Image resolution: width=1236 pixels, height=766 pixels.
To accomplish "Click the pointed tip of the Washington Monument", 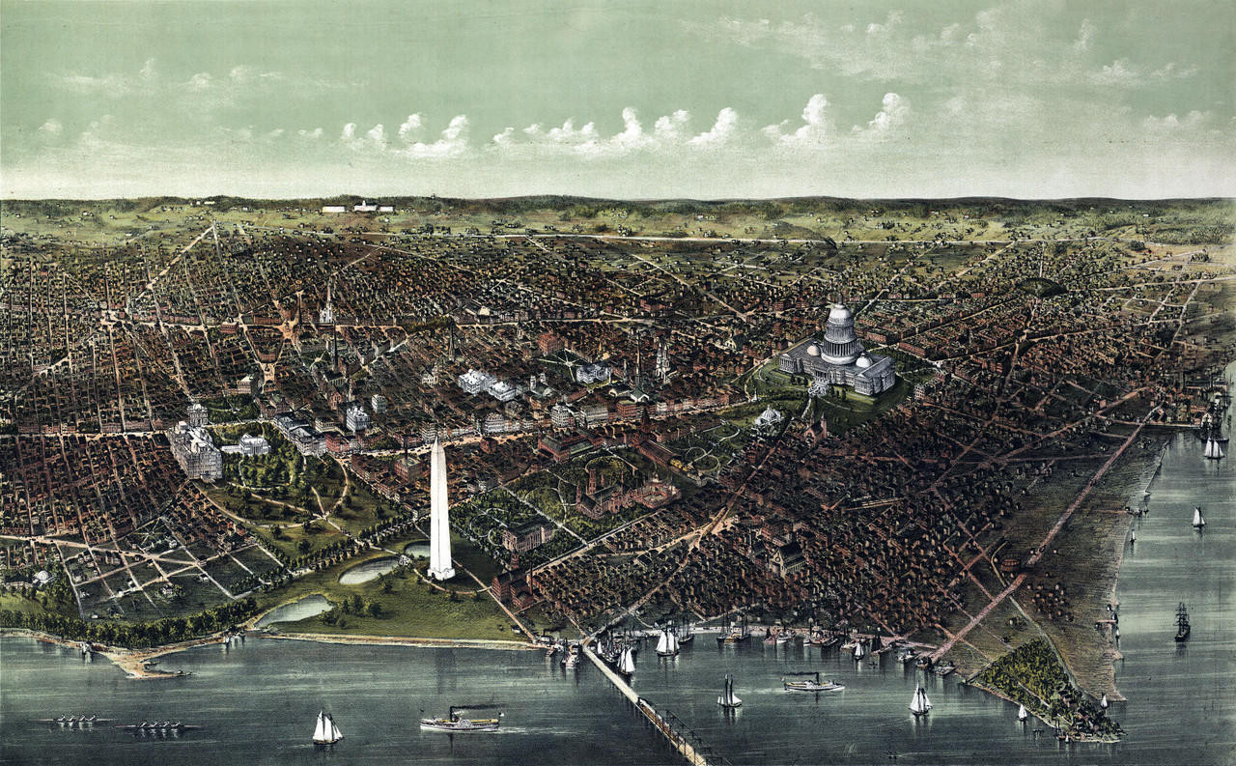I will tap(437, 440).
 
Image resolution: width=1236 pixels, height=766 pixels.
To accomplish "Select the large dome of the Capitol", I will tap(840, 328).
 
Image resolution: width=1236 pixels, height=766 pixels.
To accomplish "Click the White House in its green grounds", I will tap(253, 444).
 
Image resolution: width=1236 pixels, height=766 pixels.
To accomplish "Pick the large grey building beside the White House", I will tap(196, 450).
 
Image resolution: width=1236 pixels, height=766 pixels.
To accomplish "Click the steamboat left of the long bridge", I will tap(462, 720).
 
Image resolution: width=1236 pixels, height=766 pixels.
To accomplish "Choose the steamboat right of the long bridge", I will tap(812, 684).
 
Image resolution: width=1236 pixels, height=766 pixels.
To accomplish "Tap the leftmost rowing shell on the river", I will tap(70, 721).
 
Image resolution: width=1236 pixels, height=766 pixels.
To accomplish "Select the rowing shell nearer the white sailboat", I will tap(156, 725).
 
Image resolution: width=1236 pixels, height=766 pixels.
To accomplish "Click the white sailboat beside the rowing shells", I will tap(326, 729).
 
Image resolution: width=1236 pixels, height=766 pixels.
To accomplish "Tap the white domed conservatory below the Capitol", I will tap(770, 417).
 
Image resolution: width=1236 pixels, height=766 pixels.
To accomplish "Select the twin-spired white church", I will tap(661, 361).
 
